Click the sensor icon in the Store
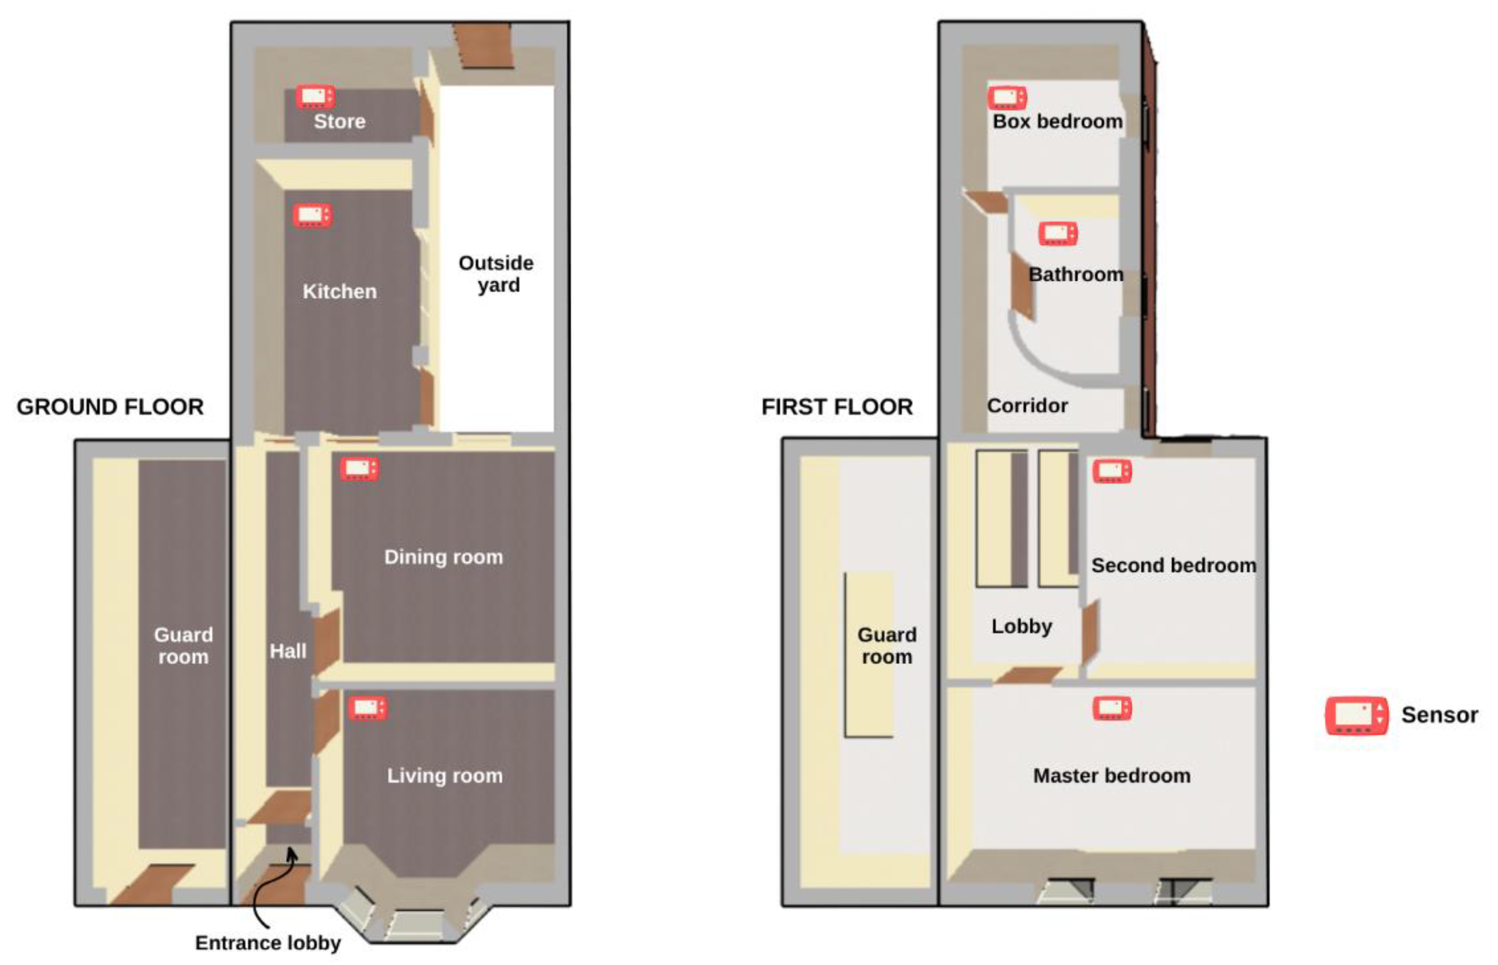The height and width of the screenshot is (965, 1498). pyautogui.click(x=315, y=97)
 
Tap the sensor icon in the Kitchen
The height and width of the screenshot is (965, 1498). pyautogui.click(x=313, y=216)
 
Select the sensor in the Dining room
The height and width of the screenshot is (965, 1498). pyautogui.click(x=360, y=469)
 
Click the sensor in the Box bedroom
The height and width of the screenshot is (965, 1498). pyautogui.click(x=1007, y=98)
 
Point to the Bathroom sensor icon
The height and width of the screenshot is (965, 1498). pyautogui.click(x=1058, y=234)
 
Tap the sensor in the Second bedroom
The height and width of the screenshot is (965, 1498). pyautogui.click(x=1112, y=471)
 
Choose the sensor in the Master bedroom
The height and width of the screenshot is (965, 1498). pyautogui.click(x=1112, y=709)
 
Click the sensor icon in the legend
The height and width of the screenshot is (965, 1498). pyautogui.click(x=1356, y=715)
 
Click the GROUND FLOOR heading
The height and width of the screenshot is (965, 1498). pyautogui.click(x=110, y=407)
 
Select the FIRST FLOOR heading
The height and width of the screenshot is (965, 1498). pyautogui.click(x=837, y=407)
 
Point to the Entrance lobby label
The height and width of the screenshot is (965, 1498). pyautogui.click(x=268, y=943)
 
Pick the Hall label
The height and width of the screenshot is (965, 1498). pyautogui.click(x=288, y=651)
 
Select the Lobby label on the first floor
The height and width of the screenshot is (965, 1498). pyautogui.click(x=1022, y=626)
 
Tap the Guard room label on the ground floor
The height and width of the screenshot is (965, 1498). pyautogui.click(x=183, y=646)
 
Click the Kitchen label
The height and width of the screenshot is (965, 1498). pyautogui.click(x=340, y=291)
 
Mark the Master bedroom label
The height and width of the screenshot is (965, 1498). pyautogui.click(x=1112, y=776)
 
